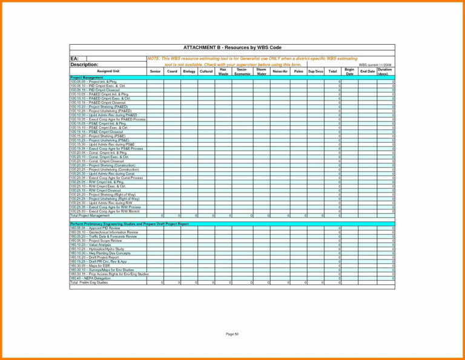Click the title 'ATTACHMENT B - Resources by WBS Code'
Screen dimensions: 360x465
[x=232, y=47]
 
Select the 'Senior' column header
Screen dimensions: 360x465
[x=155, y=71]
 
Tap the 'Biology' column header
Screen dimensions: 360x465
[x=189, y=71]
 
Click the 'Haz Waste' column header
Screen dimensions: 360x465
[x=223, y=71]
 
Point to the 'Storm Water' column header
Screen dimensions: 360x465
[x=261, y=71]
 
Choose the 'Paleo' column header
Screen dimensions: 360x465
[x=298, y=71]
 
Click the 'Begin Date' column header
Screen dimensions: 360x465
[x=349, y=71]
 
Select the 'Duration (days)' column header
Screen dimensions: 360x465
[x=385, y=71]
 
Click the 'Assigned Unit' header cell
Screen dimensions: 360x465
[x=108, y=71]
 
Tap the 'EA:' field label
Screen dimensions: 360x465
[x=75, y=58]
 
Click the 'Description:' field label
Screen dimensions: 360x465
[x=84, y=64]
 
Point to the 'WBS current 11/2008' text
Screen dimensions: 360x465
[x=375, y=65]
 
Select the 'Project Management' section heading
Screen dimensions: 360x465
[x=87, y=77]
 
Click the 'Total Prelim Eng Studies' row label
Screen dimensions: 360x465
[x=89, y=282]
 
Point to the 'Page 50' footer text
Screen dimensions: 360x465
[x=232, y=334]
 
